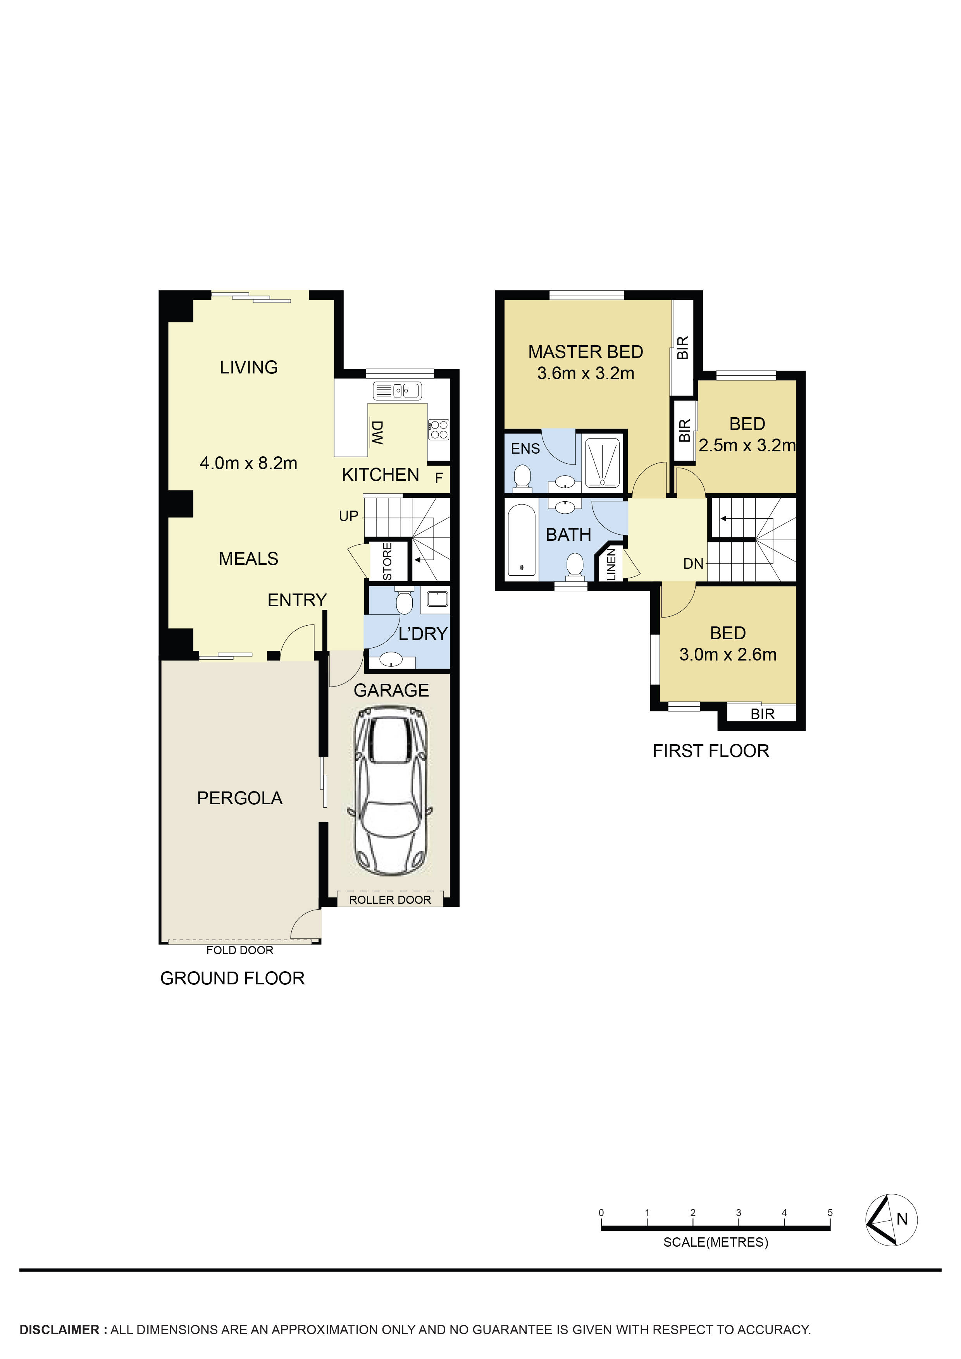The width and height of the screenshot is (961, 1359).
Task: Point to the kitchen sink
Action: tap(397, 390)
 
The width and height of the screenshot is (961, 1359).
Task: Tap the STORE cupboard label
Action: tap(387, 561)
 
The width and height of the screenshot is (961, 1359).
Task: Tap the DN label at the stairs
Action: tap(693, 564)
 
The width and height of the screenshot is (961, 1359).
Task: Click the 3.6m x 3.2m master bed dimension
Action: tap(586, 373)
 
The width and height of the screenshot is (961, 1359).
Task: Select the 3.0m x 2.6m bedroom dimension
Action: tap(728, 655)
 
